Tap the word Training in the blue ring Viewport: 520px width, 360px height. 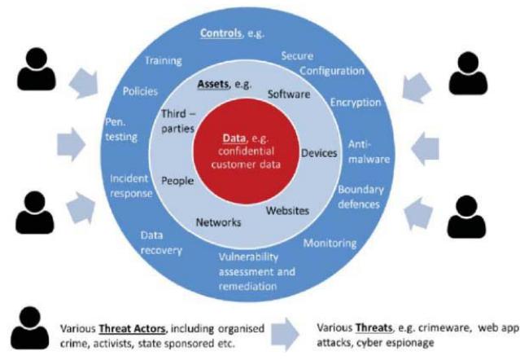point(162,60)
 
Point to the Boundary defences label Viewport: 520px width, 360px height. point(361,196)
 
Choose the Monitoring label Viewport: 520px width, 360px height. point(330,243)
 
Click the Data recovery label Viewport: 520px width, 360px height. point(159,242)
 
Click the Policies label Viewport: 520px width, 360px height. point(140,91)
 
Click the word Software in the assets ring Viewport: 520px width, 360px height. point(290,94)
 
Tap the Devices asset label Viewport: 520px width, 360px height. point(319,152)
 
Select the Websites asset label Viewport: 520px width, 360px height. point(288,210)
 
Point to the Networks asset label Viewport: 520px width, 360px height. point(218,222)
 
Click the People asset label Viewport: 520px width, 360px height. point(177,181)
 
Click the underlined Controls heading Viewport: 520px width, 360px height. point(231,33)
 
